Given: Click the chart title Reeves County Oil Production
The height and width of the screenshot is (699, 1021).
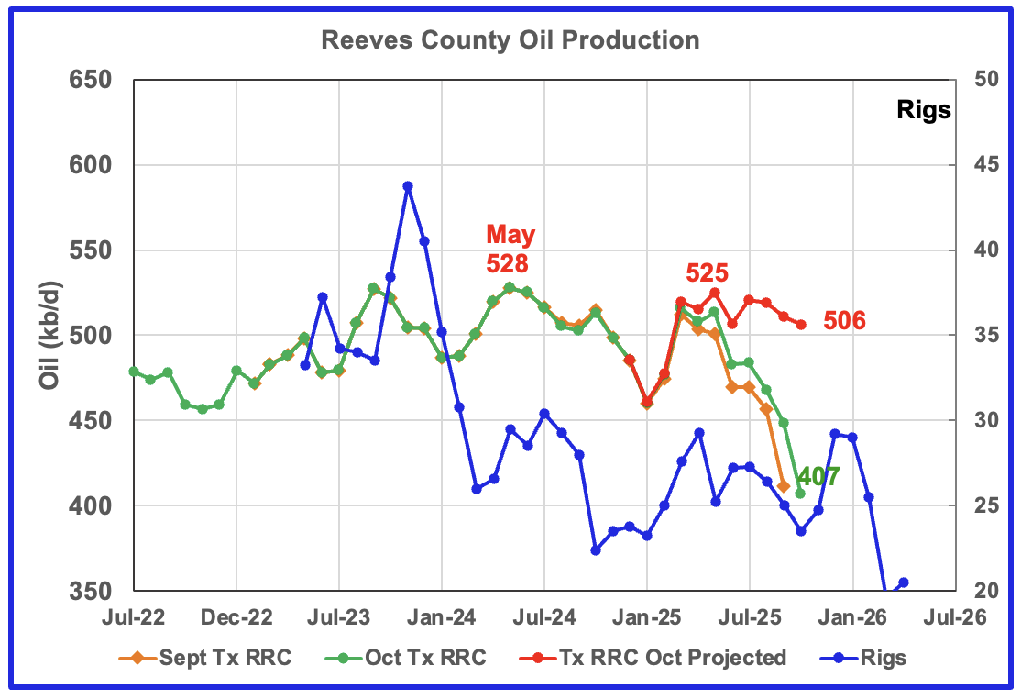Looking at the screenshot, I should click(510, 41).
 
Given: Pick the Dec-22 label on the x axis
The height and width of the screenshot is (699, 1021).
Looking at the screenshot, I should click(236, 618).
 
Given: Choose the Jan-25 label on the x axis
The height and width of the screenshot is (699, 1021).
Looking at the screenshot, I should click(646, 618).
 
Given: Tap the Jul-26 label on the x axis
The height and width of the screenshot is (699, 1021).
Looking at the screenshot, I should click(954, 618).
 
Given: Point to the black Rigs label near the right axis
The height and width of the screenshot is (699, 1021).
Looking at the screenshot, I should click(923, 112).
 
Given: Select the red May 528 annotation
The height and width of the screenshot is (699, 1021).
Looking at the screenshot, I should click(510, 250).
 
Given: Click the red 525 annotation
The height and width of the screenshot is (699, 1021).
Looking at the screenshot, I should click(707, 272).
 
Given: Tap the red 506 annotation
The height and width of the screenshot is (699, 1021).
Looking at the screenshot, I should click(844, 321).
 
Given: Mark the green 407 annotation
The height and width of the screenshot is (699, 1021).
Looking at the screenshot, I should click(818, 477).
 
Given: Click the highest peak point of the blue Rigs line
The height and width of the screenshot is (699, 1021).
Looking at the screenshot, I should click(407, 186).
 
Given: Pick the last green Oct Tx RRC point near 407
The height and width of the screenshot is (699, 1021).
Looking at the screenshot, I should click(800, 494).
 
